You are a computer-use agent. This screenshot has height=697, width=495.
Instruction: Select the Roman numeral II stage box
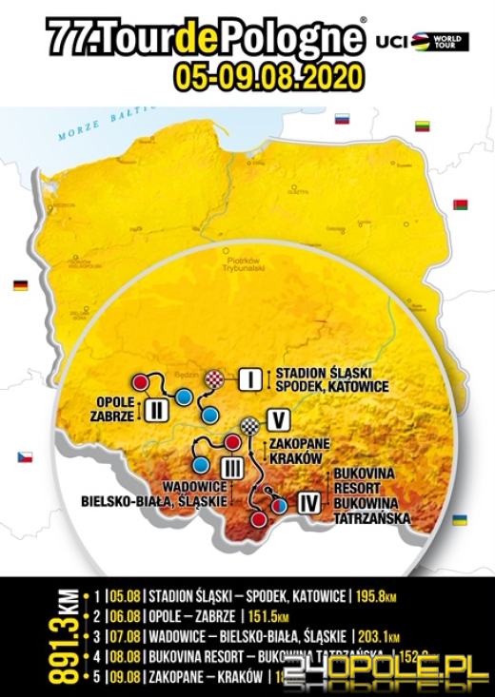(158, 410)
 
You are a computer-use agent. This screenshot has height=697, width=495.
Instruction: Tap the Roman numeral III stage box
(229, 467)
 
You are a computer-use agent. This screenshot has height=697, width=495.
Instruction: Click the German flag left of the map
(20, 283)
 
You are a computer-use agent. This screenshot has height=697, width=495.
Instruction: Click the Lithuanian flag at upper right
(423, 126)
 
